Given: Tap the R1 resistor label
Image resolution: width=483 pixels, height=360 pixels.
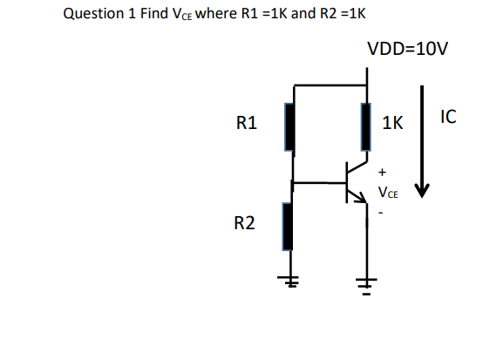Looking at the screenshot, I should click(x=247, y=124).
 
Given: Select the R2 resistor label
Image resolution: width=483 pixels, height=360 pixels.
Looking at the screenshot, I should click(x=247, y=225).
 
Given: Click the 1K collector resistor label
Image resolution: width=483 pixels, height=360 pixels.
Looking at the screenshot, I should click(x=392, y=125).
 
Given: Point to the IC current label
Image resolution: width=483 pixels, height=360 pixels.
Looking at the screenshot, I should click(x=449, y=116).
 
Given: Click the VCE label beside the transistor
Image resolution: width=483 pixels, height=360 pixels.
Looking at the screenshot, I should click(x=387, y=192).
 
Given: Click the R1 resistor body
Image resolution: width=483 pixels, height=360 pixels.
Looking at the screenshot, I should click(x=291, y=127).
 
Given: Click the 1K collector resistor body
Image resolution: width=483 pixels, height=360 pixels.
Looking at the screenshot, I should click(x=366, y=127).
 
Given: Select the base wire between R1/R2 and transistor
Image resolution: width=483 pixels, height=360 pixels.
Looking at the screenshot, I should click(x=319, y=183).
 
